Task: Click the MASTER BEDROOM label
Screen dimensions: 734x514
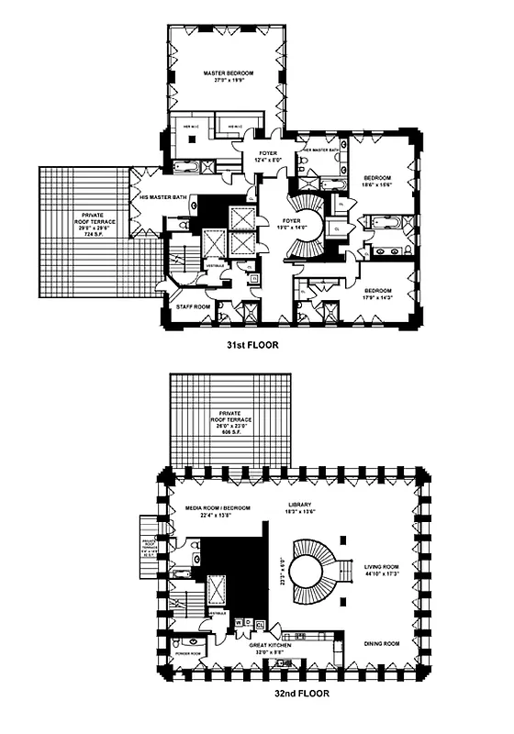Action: pos(228,72)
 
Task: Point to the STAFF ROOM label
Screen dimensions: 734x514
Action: pos(183,306)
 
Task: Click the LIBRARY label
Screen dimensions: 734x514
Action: pos(298,504)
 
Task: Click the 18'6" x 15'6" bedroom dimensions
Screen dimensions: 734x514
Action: pos(378,184)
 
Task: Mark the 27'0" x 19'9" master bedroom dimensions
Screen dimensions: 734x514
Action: pos(228,81)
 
